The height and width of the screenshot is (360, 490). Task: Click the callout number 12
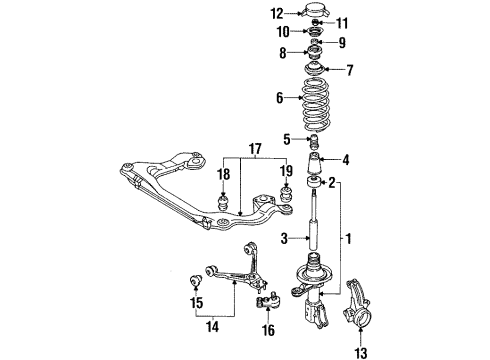coord(277,14)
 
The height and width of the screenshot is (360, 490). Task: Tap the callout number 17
coord(255,149)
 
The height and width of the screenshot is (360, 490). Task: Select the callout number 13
coord(361,353)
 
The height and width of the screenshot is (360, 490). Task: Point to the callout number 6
coord(280,98)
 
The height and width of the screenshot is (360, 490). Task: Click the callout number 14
coord(213,327)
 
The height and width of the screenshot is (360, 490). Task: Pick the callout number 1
coord(348,239)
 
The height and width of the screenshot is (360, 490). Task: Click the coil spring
coord(315,105)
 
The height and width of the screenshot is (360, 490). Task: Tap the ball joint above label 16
coord(268,299)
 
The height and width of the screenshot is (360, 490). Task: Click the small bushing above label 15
coord(196,281)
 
